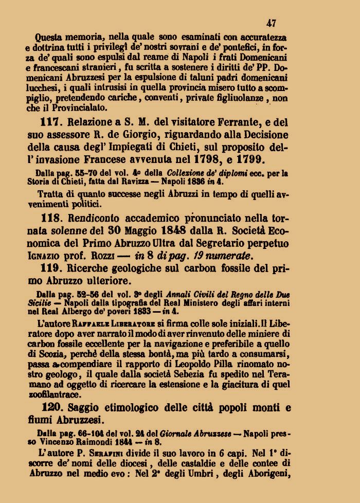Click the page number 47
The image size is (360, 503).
click(x=272, y=23)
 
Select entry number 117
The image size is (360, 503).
click(x=49, y=123)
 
